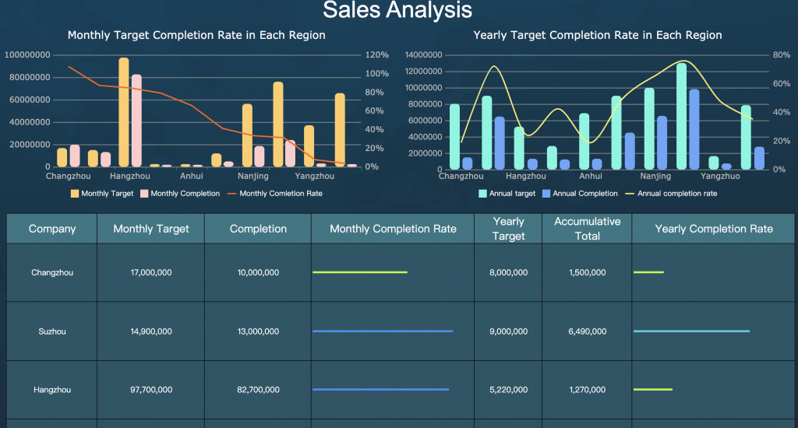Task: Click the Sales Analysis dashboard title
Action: pos(397,10)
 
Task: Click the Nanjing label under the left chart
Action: pos(253,177)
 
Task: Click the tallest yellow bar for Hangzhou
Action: pos(124,111)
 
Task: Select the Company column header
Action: pos(52,229)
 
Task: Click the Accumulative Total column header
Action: pos(587,229)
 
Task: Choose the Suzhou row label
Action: pos(52,332)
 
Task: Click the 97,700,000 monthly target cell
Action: pos(150,390)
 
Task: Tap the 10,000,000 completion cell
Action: pos(258,273)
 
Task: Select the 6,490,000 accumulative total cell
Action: pos(587,332)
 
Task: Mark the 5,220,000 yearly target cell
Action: pos(508,390)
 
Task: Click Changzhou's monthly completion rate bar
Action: pos(359,272)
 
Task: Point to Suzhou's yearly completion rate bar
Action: pos(691,332)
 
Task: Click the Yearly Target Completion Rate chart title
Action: pos(597,35)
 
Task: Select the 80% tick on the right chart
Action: pos(781,55)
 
